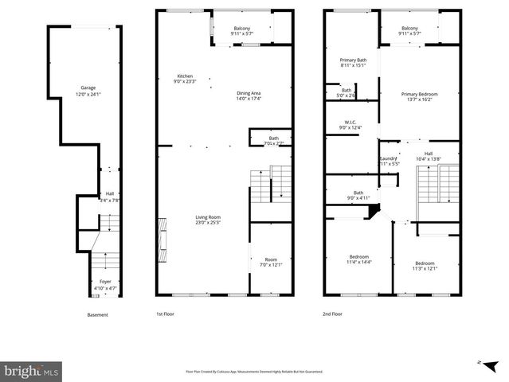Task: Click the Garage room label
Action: pos(88,88)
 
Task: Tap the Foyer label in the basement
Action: pos(105,281)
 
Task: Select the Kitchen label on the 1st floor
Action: pos(185,76)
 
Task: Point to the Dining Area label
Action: pos(249,94)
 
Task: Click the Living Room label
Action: pos(209,217)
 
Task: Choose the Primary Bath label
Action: pos(352,60)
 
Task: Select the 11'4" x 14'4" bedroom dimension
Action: pos(358,261)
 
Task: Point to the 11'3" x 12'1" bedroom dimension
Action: pos(424,268)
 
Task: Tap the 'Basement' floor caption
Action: pos(97,314)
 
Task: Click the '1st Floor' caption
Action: pos(165,314)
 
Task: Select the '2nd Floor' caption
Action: pos(333,314)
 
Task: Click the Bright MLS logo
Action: pos(32,370)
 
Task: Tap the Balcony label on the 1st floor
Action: pos(241,29)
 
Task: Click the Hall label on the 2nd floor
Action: pos(428,154)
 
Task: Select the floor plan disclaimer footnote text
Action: pos(254,371)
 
